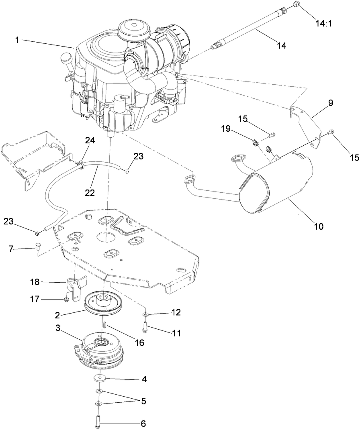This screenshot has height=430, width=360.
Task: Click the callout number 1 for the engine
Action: click(18, 40)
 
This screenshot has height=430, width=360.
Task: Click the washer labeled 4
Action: click(99, 378)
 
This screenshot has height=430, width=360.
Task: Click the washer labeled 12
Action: click(145, 313)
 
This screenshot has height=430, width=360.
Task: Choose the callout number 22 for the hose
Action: click(90, 192)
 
